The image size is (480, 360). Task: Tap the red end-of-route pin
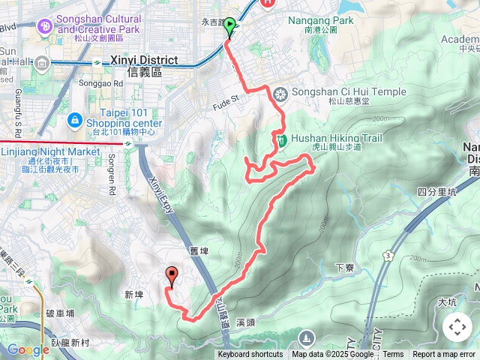[x=171, y=277]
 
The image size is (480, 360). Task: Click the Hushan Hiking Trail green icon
[x=280, y=139]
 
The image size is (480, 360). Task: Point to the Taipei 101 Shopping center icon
[x=74, y=120]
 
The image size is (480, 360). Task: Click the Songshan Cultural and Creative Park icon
[x=45, y=27]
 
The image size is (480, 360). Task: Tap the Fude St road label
[x=223, y=97]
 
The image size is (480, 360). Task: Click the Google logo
[x=28, y=349]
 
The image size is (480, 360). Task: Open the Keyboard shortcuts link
[x=250, y=355]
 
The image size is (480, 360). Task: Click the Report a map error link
[x=444, y=355]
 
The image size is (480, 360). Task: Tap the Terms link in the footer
[x=393, y=355]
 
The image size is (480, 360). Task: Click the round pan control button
[x=457, y=327]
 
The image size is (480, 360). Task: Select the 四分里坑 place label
[x=436, y=192]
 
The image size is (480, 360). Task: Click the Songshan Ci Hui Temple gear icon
[x=280, y=94]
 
